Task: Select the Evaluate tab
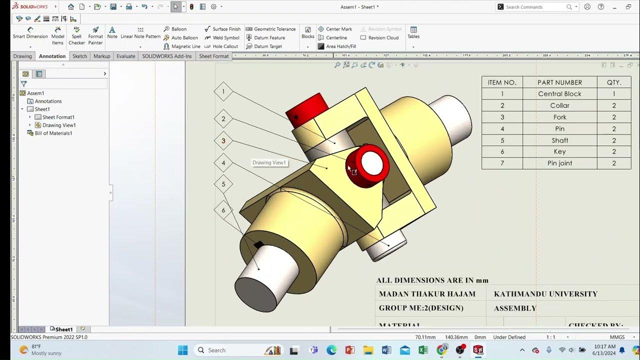125,56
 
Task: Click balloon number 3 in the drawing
223,141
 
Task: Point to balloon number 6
223,210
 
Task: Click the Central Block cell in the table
559,94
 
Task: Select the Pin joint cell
559,163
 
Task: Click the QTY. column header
613,82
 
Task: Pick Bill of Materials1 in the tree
53,133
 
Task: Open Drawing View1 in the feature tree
58,125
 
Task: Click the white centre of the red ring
371,163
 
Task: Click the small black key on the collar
258,244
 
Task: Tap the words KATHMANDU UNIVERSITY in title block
545,294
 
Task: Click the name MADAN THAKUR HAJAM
427,294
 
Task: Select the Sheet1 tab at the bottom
63,329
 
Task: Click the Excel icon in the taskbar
423,350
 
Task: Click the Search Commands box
535,7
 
